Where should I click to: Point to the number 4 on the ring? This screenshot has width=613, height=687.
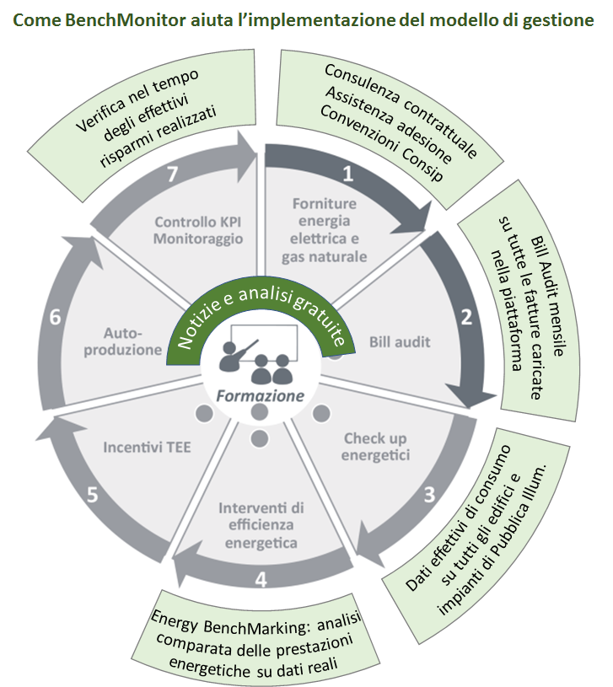(x=261, y=579)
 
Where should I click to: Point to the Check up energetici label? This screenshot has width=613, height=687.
(x=376, y=447)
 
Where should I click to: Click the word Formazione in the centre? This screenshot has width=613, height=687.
(x=259, y=394)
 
